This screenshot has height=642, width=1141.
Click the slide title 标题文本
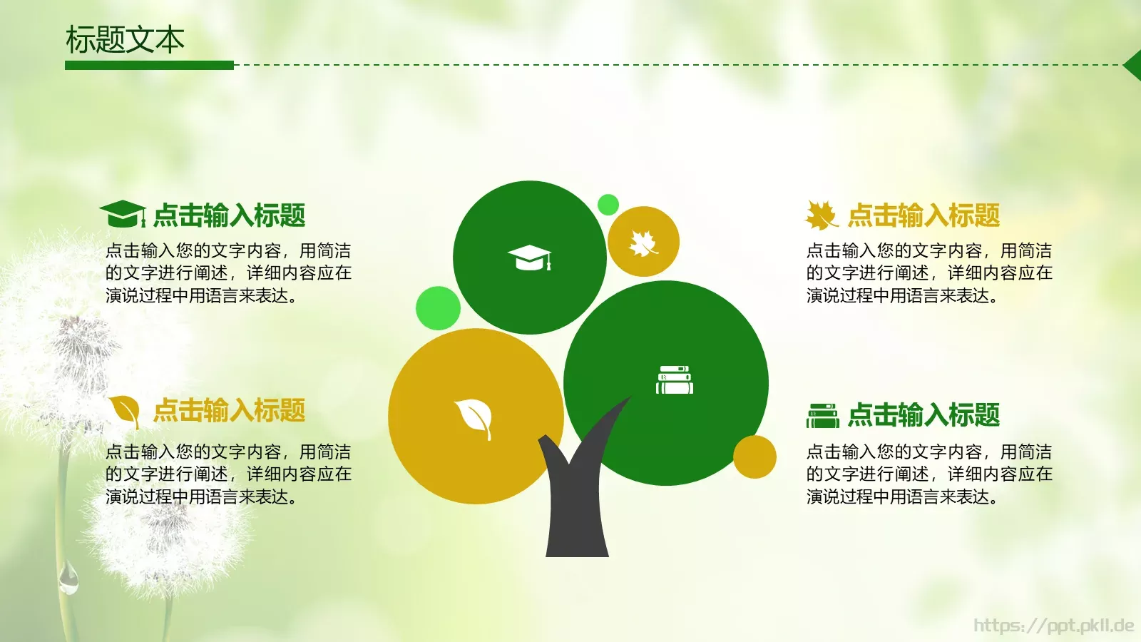coord(125,40)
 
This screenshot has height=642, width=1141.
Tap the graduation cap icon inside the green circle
coord(529,258)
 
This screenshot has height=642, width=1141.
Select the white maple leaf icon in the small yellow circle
coord(643,243)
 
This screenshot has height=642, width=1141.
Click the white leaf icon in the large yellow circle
coord(474,417)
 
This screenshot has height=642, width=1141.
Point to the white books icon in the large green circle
coord(674,380)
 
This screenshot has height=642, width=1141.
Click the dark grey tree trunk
coord(576,506)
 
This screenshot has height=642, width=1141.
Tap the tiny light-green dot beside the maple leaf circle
coord(608,205)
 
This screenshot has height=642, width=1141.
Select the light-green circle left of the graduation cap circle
coord(438,308)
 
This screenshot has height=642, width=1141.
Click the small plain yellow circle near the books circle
coord(754,457)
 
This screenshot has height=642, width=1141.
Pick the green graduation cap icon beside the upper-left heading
coord(122,214)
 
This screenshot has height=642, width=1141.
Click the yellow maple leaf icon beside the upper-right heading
coord(821,215)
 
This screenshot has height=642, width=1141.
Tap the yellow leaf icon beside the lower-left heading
coord(125,411)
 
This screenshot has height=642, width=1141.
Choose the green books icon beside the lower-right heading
coord(822,416)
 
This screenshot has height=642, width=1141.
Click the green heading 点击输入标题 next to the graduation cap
coord(229,215)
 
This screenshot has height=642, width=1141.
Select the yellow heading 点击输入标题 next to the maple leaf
coord(923,215)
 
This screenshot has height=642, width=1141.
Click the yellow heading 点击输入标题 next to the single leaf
coord(229,411)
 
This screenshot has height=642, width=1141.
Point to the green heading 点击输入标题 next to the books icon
coord(923,415)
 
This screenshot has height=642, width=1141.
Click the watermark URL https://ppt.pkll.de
coord(1053,626)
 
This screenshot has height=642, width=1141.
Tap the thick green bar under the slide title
coord(149,65)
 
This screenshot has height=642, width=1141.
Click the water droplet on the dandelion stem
coord(68,578)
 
